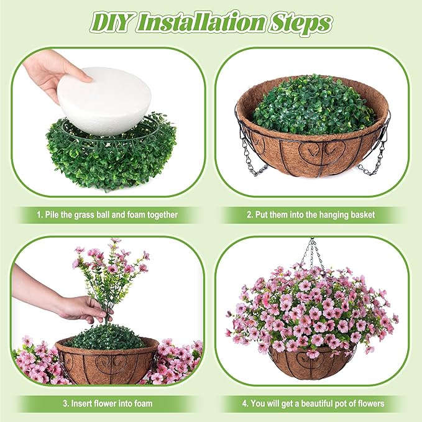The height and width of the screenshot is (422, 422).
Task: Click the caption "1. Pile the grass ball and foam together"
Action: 107,215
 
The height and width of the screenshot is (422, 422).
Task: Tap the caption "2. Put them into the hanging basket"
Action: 311,215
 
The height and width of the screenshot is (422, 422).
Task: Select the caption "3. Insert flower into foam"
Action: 108,403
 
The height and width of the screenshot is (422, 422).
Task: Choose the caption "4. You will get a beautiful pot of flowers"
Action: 313,404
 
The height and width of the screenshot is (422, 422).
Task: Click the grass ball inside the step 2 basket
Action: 313,105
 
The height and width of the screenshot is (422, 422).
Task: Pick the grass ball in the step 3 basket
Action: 106,337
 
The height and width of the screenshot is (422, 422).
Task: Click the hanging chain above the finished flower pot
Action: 313,254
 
